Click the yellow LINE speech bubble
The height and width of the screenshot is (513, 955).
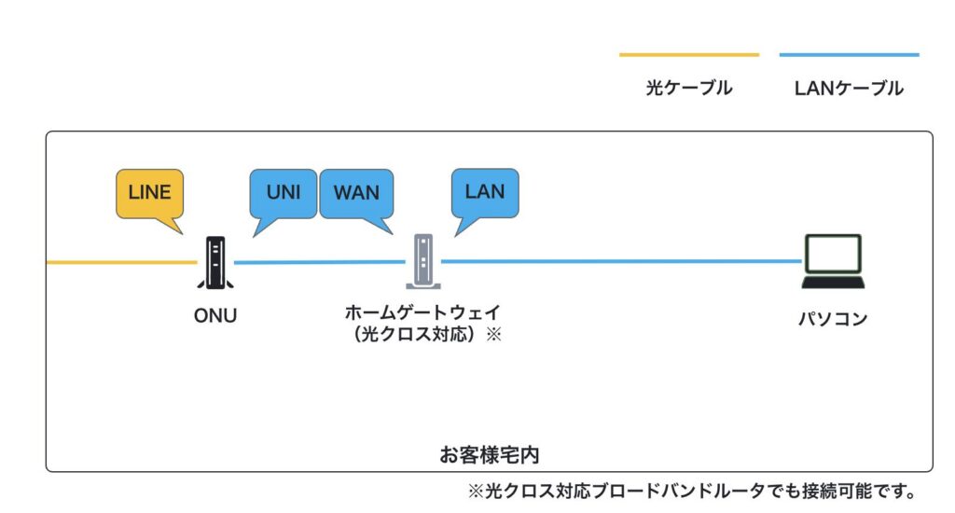click(149, 193)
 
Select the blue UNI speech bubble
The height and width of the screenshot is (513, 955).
click(283, 193)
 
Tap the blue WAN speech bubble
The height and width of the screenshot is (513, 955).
click(356, 193)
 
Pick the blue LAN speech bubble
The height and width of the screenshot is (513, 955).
click(484, 192)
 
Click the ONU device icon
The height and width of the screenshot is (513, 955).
click(215, 263)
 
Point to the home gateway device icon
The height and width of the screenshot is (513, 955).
click(422, 261)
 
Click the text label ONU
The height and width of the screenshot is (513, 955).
click(215, 315)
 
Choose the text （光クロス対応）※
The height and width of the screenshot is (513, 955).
click(428, 334)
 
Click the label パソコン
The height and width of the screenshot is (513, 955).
click(833, 319)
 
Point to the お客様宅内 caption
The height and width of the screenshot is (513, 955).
click(490, 455)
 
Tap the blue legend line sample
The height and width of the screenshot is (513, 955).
click(849, 55)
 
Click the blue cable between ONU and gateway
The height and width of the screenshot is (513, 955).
click(317, 262)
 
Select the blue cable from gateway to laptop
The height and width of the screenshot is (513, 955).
click(616, 261)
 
